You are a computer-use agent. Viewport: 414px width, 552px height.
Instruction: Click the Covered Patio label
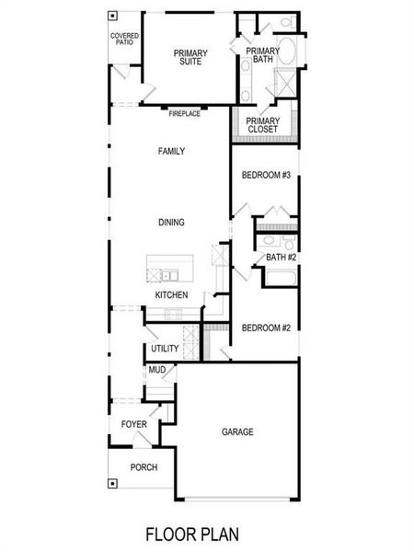[x=124, y=39]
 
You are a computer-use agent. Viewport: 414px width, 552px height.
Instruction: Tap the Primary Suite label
[x=190, y=58]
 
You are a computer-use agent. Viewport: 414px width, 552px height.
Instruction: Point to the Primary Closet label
[x=264, y=124]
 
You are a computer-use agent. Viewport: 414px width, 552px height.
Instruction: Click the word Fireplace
[x=183, y=113]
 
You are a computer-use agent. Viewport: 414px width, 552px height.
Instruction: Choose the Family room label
[x=171, y=150]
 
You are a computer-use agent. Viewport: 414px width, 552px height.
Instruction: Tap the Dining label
[x=171, y=222]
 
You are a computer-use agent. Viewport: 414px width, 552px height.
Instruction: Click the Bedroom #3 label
[x=266, y=175]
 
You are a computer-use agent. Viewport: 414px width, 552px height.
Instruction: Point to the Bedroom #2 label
[x=266, y=328]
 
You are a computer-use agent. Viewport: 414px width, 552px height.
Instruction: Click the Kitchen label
[x=171, y=294]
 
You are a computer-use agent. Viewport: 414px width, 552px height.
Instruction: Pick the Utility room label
[x=165, y=349]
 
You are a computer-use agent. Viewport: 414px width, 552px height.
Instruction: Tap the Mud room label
[x=156, y=370]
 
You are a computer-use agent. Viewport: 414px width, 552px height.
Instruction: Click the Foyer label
[x=134, y=424]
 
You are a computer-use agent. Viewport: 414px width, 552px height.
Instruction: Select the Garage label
[x=236, y=431]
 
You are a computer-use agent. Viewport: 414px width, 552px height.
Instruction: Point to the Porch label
[x=143, y=467]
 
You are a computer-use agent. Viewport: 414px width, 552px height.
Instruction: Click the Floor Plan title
[x=206, y=533]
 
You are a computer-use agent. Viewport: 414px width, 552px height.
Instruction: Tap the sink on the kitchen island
[x=170, y=274]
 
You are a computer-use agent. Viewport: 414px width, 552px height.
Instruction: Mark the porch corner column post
[x=112, y=483]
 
